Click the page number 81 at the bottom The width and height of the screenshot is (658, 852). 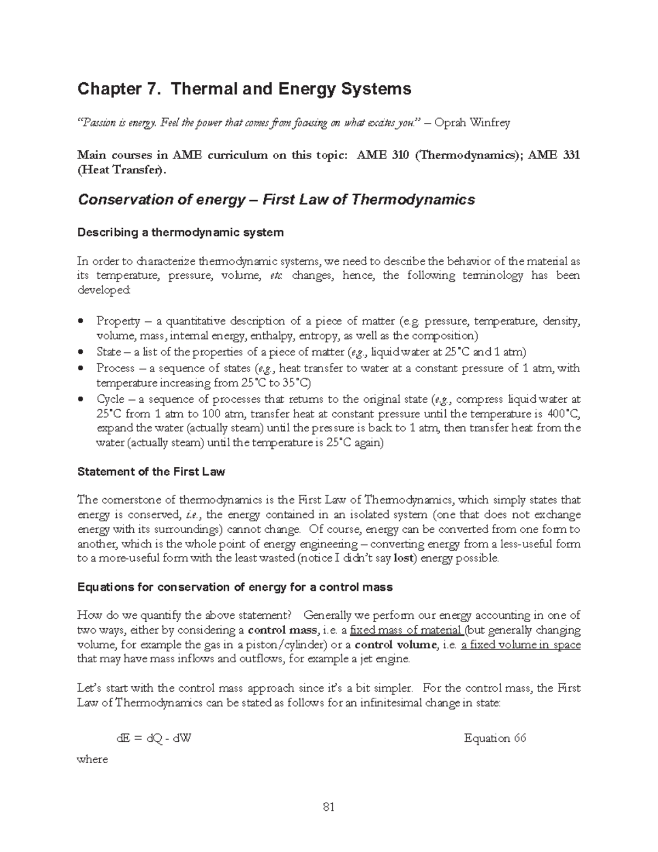tap(329, 806)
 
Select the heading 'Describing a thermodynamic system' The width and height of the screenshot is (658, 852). tap(180, 233)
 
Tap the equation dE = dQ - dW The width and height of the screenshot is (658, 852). tap(154, 738)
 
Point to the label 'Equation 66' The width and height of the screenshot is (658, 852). tap(495, 738)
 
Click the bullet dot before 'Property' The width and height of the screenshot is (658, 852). tap(81, 321)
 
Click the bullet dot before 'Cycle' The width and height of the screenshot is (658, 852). tap(81, 399)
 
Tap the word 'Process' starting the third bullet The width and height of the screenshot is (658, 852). tap(115, 368)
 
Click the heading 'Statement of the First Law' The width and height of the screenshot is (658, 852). tap(151, 472)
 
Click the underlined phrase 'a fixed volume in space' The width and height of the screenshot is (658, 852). tap(520, 645)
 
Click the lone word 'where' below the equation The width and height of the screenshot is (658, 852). tap(92, 760)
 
